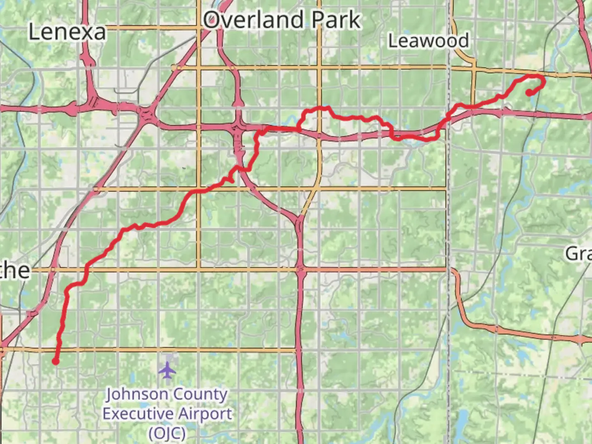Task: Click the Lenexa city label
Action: point(67,32)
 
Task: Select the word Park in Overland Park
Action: point(336,20)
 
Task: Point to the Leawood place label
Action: point(428,41)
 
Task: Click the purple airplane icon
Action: point(167,370)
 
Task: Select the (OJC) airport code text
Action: point(167,432)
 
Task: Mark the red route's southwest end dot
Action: point(55,362)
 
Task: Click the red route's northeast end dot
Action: point(529,93)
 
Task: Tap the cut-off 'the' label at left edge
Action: point(15,271)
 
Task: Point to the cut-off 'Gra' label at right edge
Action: point(579,254)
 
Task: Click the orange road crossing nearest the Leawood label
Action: point(473,68)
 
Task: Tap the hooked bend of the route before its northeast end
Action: point(543,81)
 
